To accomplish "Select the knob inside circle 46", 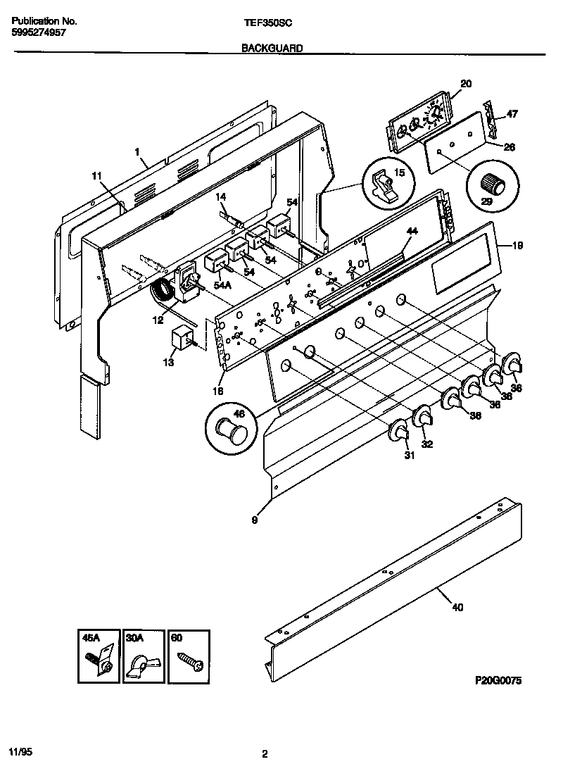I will point(230,429).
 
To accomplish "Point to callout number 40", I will point(458,608).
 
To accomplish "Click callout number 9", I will point(254,521).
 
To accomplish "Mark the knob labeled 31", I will point(400,432).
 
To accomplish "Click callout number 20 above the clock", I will point(465,84).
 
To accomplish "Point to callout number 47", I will point(512,113).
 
